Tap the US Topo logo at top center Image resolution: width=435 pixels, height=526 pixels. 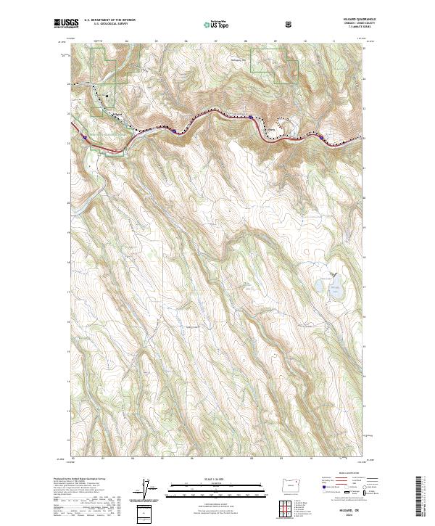point(209,23)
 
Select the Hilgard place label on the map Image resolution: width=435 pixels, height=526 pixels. point(119,112)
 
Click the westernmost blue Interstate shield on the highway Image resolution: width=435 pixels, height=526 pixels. point(86,136)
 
